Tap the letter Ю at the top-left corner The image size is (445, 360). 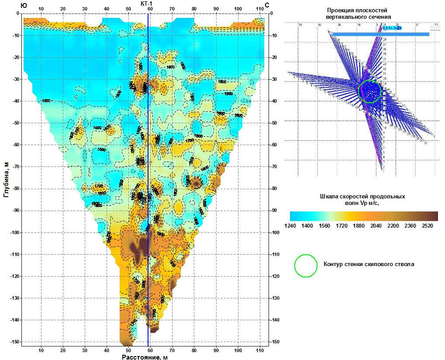[24, 5]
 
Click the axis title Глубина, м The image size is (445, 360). [6, 178]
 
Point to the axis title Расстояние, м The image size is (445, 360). [145, 357]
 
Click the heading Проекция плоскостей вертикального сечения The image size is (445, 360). [356, 13]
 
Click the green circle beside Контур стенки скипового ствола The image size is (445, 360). [306, 265]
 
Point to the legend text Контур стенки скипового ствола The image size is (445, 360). [369, 264]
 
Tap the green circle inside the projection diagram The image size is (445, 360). [370, 91]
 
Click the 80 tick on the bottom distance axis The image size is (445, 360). [194, 350]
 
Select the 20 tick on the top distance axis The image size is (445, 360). [63, 9]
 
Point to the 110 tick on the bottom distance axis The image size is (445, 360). [260, 350]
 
